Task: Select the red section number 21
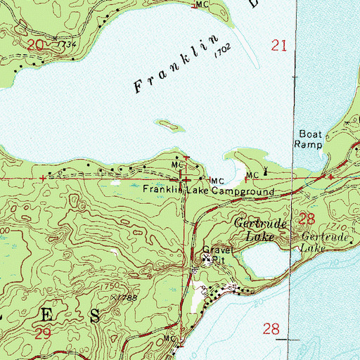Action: click(279, 46)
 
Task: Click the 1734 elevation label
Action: click(67, 44)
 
